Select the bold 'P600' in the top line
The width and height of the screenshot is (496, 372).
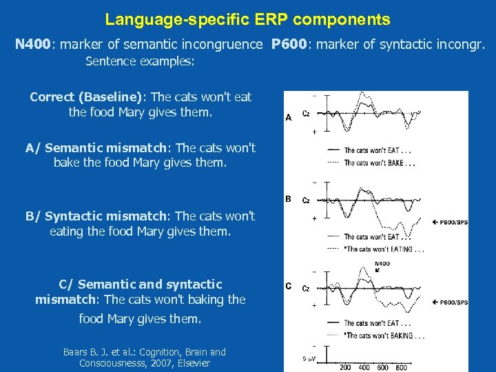[289, 45]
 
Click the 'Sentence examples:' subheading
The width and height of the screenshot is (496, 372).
[140, 62]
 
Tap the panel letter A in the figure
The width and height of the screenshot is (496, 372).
[289, 118]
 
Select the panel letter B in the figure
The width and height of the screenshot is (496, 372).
[289, 199]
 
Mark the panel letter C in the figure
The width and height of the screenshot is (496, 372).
[289, 286]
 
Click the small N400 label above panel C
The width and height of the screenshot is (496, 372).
[382, 264]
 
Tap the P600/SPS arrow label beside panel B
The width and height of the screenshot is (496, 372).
[451, 222]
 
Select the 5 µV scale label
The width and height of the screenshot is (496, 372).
[310, 358]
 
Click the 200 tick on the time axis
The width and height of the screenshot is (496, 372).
[345, 367]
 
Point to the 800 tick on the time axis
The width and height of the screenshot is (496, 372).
[402, 367]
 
